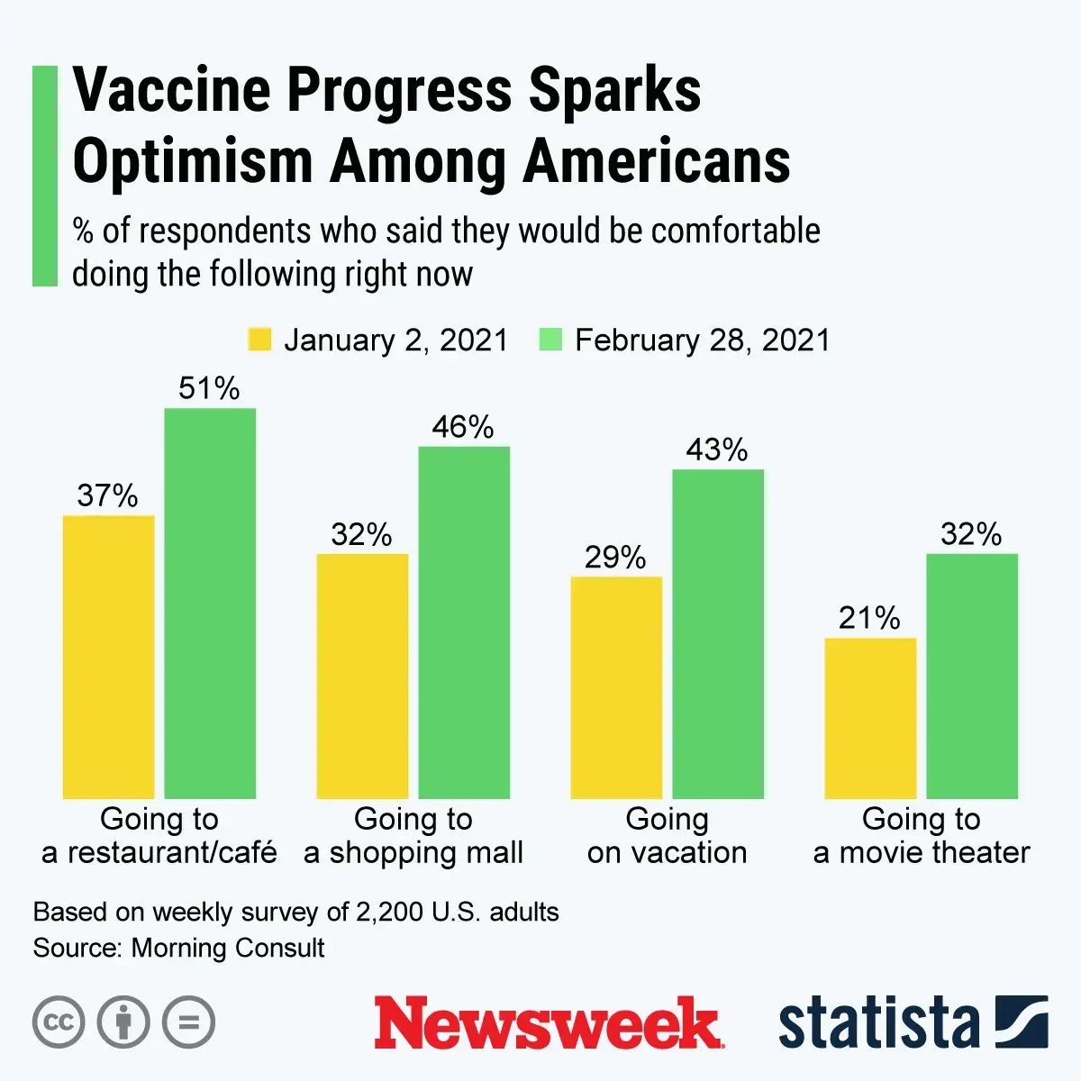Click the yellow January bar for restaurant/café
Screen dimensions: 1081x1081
108,657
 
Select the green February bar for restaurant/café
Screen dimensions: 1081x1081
210,604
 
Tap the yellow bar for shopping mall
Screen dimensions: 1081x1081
362,676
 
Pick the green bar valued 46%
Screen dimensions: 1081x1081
464,622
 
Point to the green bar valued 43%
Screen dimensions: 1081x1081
718,634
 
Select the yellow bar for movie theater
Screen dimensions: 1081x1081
870,718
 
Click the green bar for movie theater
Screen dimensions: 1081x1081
972,676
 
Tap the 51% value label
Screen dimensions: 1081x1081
209,388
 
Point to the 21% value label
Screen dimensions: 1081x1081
869,618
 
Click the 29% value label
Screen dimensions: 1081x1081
615,558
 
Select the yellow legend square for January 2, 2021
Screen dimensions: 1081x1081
259,340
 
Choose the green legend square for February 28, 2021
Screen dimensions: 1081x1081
550,340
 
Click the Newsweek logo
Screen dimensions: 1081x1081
548,1022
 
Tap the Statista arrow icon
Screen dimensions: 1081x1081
1022,1022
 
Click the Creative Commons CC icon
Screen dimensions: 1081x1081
59,1022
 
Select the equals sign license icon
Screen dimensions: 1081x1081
189,1022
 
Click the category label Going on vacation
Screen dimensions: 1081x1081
667,835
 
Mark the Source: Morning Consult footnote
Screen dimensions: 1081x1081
179,948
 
